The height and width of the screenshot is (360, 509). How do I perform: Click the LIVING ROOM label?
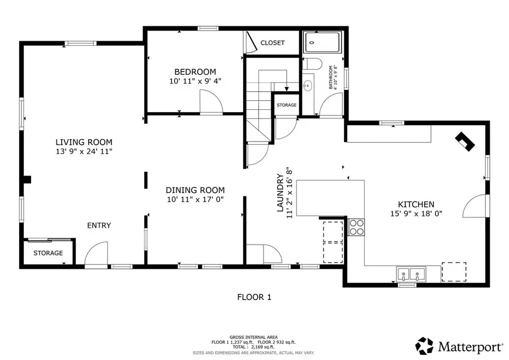coord(84,142)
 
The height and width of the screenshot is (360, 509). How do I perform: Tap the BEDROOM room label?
coord(195,72)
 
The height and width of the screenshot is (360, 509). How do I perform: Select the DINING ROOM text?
coord(195,190)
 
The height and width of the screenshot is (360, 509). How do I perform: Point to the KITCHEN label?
coord(416,204)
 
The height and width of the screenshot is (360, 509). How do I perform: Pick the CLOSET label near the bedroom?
coord(273,42)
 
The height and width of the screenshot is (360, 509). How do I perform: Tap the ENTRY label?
coord(99,225)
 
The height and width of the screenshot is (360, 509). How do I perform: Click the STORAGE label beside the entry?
coord(48,253)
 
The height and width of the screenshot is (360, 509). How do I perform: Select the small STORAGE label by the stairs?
coord(287,105)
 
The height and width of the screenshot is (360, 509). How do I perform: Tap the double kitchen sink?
coord(411,275)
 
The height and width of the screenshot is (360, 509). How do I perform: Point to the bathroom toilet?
coord(312,63)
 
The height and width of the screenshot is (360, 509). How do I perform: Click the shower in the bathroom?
coord(322,42)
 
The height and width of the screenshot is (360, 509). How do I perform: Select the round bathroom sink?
coord(308,86)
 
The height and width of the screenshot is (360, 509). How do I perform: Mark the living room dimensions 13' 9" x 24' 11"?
coord(84,152)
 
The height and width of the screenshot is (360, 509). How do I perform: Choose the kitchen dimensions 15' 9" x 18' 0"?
coord(416,214)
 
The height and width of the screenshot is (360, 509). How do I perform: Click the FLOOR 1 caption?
coord(254,297)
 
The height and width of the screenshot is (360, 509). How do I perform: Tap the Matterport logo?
coord(459,345)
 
